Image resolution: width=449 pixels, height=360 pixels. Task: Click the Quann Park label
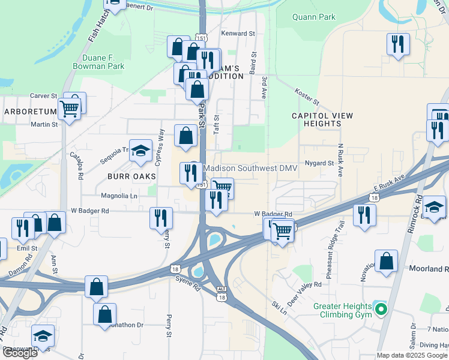pyautogui.click(x=313, y=17)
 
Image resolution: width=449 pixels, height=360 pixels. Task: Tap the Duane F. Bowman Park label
pyautogui.click(x=99, y=62)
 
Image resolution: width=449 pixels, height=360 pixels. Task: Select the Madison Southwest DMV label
pyautogui.click(x=250, y=169)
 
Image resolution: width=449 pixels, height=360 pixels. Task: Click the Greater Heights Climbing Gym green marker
pyautogui.click(x=380, y=310)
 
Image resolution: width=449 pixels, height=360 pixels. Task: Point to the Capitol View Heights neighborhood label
pyautogui.click(x=316, y=119)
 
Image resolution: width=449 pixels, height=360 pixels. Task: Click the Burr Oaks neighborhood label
pyautogui.click(x=131, y=176)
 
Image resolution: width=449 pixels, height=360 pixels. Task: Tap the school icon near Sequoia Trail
pyautogui.click(x=140, y=152)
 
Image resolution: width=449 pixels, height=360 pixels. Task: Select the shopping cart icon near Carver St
pyautogui.click(x=70, y=108)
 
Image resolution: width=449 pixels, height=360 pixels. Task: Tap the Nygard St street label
pyautogui.click(x=319, y=163)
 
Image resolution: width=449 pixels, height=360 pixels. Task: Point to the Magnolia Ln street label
pyautogui.click(x=119, y=196)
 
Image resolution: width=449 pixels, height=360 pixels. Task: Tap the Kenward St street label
pyautogui.click(x=238, y=34)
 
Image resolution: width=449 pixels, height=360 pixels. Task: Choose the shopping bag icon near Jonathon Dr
pyautogui.click(x=105, y=313)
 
